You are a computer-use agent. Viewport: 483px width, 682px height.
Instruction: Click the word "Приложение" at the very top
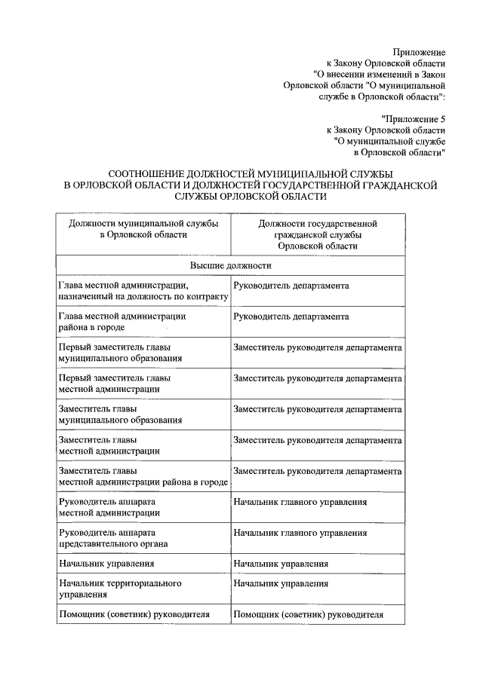(x=419, y=52)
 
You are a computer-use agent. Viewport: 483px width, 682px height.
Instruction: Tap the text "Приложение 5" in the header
(x=414, y=118)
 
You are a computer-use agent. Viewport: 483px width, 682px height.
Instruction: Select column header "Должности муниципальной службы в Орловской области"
(x=143, y=229)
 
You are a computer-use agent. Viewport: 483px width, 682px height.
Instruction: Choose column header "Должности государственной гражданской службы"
(x=317, y=234)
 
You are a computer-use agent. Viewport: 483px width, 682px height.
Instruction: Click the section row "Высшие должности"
(x=230, y=266)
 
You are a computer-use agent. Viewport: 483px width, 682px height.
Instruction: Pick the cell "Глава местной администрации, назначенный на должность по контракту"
(x=142, y=292)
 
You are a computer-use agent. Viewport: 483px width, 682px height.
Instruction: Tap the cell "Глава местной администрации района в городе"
(x=122, y=322)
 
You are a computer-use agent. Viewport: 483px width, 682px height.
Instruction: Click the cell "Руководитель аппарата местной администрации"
(x=109, y=507)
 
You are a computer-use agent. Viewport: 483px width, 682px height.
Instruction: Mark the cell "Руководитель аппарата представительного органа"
(x=112, y=538)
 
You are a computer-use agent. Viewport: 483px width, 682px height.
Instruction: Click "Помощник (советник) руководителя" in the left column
(x=134, y=614)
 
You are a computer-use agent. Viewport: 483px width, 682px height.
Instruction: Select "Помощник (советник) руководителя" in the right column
(x=309, y=614)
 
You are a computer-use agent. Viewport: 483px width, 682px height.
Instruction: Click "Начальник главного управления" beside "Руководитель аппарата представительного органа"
(x=300, y=533)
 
